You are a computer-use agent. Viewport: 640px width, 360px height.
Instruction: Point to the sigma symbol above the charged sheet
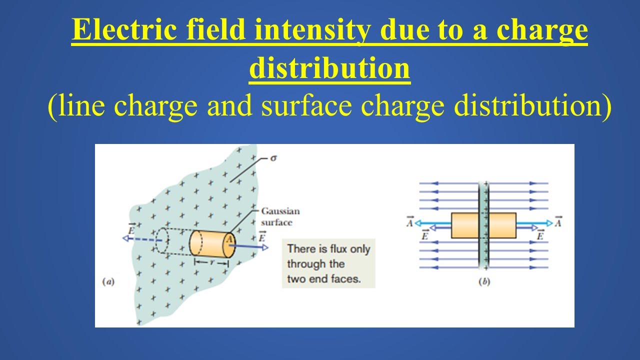[273, 157]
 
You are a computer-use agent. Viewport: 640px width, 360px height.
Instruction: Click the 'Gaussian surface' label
[280, 217]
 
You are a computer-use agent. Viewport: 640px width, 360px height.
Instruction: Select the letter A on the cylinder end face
[229, 240]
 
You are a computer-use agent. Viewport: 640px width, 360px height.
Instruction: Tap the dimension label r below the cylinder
[212, 262]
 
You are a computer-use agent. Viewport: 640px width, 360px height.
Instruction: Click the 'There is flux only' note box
[328, 264]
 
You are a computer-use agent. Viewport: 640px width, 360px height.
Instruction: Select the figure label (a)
[108, 282]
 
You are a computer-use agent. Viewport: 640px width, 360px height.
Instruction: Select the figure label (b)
[484, 282]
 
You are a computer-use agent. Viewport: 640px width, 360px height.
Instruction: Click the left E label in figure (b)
[424, 235]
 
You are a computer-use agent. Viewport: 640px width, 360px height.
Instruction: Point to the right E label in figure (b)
[540, 235]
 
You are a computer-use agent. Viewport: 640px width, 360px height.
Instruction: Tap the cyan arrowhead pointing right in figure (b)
[549, 223]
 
